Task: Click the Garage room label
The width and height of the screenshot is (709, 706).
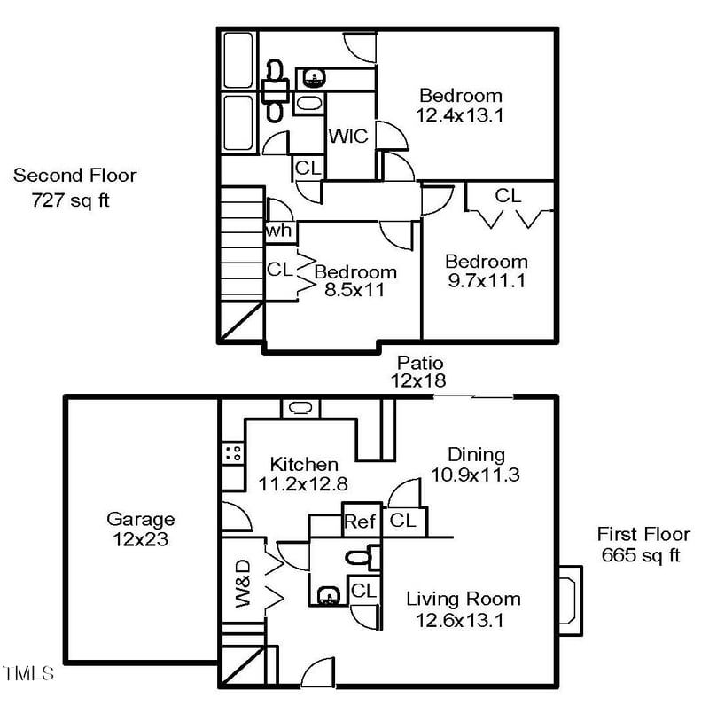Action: [140, 519]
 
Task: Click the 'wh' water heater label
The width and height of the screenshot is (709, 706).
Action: [279, 231]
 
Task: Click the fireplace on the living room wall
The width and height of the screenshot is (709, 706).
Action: [571, 599]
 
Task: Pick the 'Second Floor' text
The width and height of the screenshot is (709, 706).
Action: [75, 176]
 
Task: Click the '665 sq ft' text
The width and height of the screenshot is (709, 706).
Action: [641, 556]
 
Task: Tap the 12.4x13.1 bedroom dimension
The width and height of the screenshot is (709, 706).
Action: [460, 114]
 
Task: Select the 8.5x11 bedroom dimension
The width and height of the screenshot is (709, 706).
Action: [354, 289]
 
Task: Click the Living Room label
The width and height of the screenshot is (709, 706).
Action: [463, 599]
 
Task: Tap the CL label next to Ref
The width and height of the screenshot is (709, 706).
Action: [403, 522]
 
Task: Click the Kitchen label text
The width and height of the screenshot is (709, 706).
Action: [304, 464]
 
